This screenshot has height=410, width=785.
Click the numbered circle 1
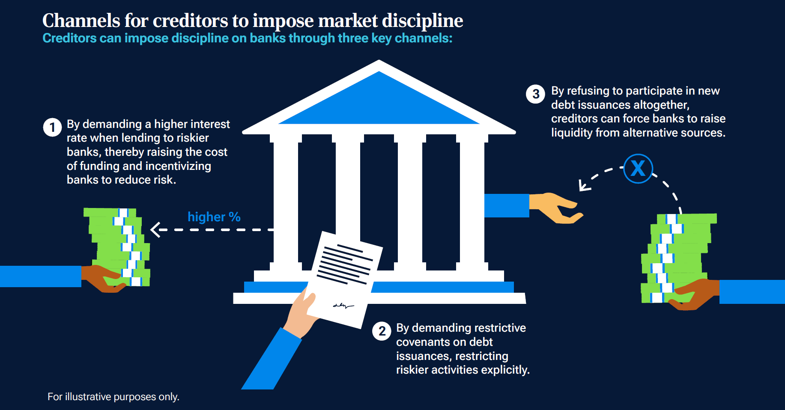(x=52, y=127)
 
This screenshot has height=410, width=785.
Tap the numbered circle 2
(x=382, y=331)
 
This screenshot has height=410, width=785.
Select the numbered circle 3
(x=535, y=94)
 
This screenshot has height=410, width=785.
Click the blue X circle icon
(x=638, y=168)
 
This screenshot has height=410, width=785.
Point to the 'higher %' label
(x=214, y=217)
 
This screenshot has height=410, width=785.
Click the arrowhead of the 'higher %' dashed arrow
(x=155, y=230)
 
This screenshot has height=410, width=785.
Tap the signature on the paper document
(x=343, y=306)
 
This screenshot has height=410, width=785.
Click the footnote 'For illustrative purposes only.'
(x=113, y=397)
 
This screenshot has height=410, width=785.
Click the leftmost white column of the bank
(x=286, y=201)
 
